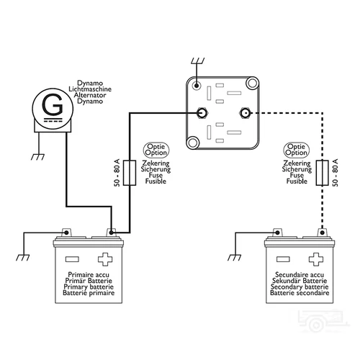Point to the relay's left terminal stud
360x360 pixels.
tap(202, 113)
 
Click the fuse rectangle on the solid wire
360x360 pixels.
tap(131, 174)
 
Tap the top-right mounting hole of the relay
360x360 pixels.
tap(251, 85)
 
